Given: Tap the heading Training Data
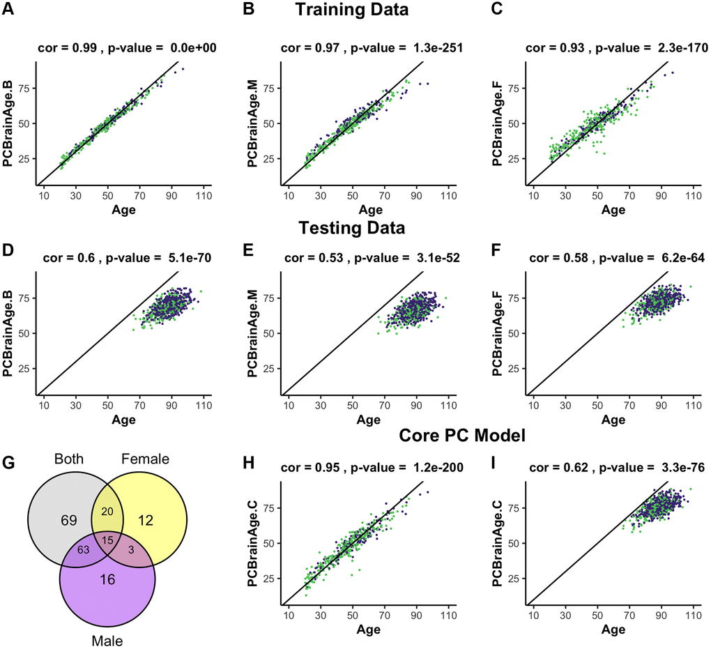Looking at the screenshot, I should click(351, 10).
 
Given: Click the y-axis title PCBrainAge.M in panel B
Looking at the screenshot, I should click(253, 124).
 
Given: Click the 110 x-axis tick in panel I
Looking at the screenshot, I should click(692, 616).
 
